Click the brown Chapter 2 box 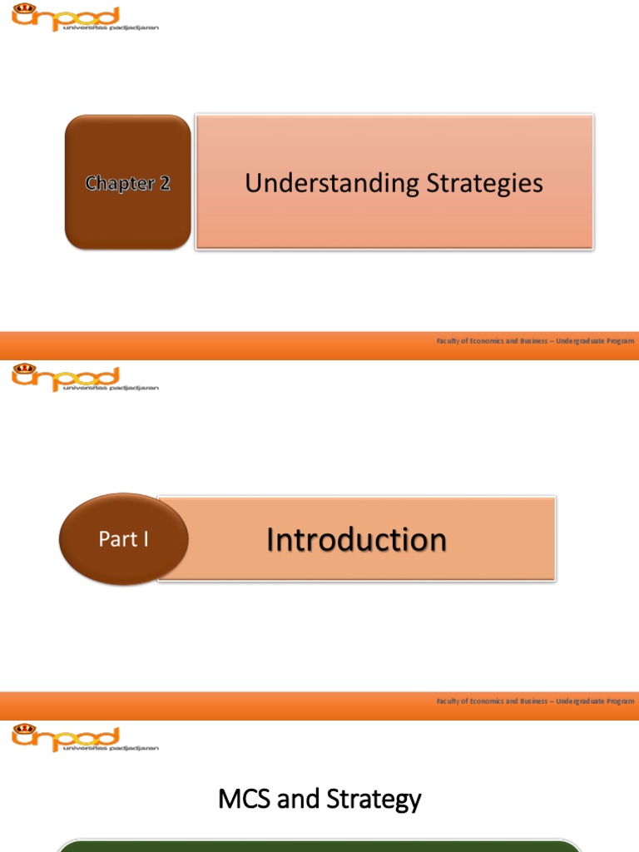point(127,182)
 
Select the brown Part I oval point(123,539)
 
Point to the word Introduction point(356,539)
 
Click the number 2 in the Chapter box point(164,183)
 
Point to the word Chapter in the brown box point(120,183)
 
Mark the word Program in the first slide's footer point(620,341)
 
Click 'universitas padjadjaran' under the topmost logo point(109,27)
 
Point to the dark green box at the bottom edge point(319,845)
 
